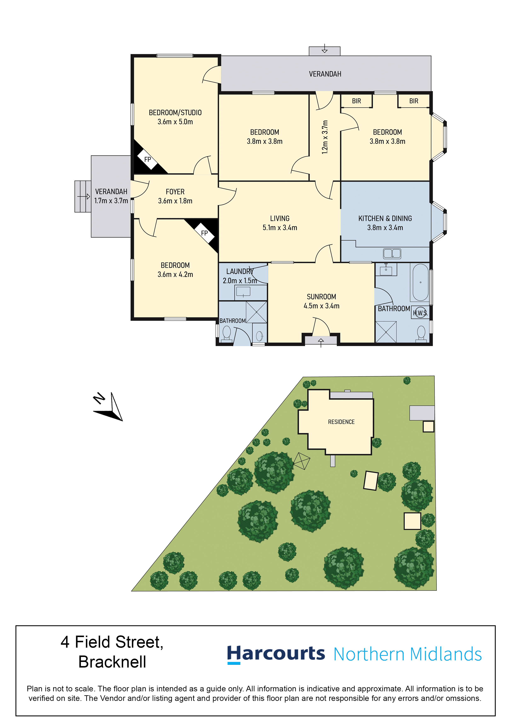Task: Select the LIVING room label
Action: [280, 218]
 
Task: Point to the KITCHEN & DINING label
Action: [385, 218]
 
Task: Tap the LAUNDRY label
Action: [240, 271]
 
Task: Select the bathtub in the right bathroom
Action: [420, 282]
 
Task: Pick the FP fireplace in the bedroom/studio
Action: [148, 159]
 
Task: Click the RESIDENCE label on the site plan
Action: [341, 422]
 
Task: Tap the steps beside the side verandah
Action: [83, 196]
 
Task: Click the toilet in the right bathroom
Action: [421, 333]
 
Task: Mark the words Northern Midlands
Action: [408, 654]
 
